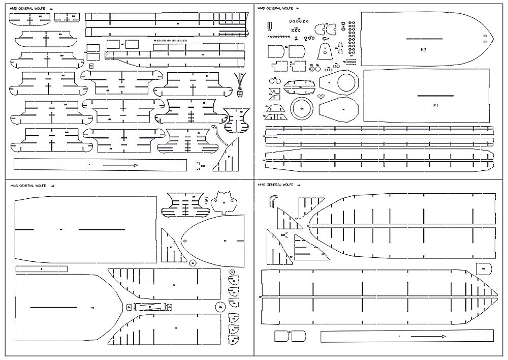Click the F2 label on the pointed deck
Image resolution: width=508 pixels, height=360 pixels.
423,49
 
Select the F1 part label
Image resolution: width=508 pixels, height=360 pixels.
435,106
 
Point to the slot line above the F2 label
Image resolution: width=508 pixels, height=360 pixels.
423,39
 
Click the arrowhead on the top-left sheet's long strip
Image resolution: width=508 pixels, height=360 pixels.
135,165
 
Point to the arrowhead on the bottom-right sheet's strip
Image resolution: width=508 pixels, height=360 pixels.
443,337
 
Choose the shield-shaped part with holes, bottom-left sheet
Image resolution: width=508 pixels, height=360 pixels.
225,199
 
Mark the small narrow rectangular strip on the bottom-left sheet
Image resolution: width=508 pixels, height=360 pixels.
41,268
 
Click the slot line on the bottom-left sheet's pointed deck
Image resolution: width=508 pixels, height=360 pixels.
53,308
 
